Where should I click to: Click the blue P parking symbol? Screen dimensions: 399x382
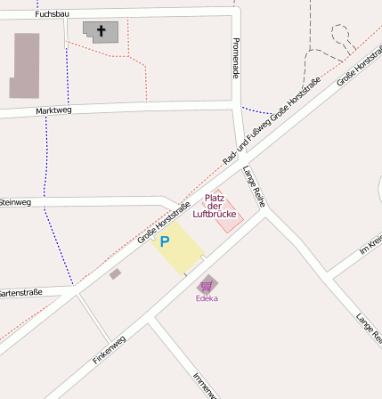point(164,240)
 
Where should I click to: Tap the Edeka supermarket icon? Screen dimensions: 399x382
point(207,285)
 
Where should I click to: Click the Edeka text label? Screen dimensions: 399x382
point(207,298)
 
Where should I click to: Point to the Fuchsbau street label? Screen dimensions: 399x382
point(52,15)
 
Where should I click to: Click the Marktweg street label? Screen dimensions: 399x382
point(53,110)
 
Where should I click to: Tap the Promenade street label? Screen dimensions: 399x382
point(236,58)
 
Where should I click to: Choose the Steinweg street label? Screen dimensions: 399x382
point(16,202)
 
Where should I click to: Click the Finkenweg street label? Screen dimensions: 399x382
point(110,348)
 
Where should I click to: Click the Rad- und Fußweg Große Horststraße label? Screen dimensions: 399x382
point(271,122)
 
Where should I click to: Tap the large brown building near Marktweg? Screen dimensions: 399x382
point(25,65)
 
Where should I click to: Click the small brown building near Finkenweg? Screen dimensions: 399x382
point(115,274)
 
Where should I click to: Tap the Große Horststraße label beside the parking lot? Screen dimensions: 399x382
point(164,224)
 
